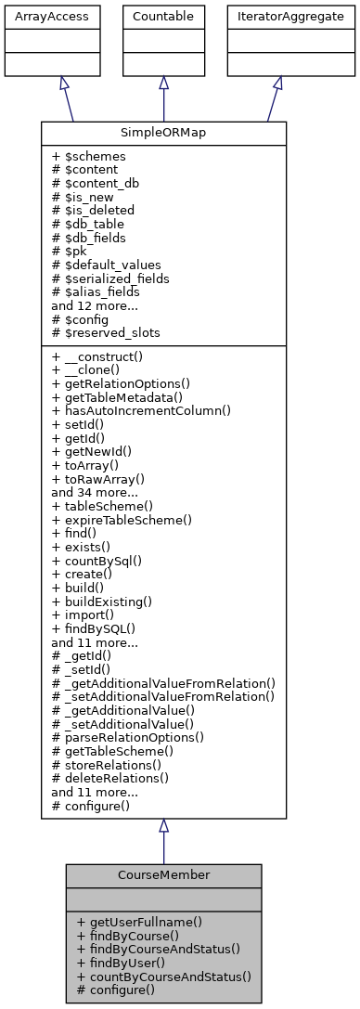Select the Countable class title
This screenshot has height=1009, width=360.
(163, 16)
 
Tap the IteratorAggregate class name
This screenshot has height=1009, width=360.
(276, 16)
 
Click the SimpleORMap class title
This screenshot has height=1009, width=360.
(163, 134)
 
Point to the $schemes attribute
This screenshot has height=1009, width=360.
(87, 157)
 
